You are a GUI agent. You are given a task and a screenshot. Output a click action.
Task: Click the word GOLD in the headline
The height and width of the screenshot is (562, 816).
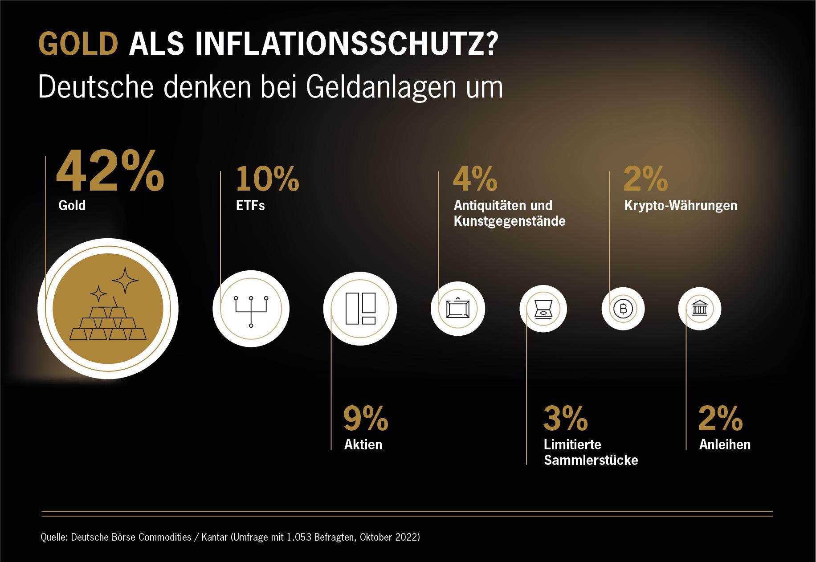click(78, 43)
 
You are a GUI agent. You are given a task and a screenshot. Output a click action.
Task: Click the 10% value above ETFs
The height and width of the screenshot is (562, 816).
click(267, 179)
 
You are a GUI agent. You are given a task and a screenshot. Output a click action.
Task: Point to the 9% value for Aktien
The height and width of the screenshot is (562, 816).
click(366, 418)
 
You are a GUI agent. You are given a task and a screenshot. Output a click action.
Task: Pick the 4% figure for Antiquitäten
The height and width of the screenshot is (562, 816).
click(475, 179)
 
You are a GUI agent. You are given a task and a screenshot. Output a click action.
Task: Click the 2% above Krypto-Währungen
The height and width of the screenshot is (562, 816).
click(646, 179)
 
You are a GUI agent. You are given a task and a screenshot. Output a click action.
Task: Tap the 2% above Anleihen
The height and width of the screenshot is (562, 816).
click(721, 418)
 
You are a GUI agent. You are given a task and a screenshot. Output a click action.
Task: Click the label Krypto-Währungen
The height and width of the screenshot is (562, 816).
click(681, 206)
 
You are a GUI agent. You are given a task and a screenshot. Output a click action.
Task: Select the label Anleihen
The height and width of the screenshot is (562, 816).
click(725, 444)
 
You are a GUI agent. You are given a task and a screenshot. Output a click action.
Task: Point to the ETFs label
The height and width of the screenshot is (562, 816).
click(250, 206)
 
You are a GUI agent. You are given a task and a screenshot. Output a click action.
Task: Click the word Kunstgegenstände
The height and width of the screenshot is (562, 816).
click(510, 221)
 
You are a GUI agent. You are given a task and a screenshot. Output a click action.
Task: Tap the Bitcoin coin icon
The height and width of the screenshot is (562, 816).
click(623, 309)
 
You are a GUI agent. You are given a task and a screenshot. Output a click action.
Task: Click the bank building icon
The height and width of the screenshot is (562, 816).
click(699, 309)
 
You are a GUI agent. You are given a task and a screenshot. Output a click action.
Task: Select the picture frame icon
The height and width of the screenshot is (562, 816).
click(457, 309)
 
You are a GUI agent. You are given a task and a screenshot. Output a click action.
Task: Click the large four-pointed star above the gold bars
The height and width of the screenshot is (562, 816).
click(125, 280)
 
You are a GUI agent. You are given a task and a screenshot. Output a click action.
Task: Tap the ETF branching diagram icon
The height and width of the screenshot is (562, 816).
click(251, 310)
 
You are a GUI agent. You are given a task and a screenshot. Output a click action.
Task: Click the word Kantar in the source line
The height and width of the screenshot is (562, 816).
click(214, 537)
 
